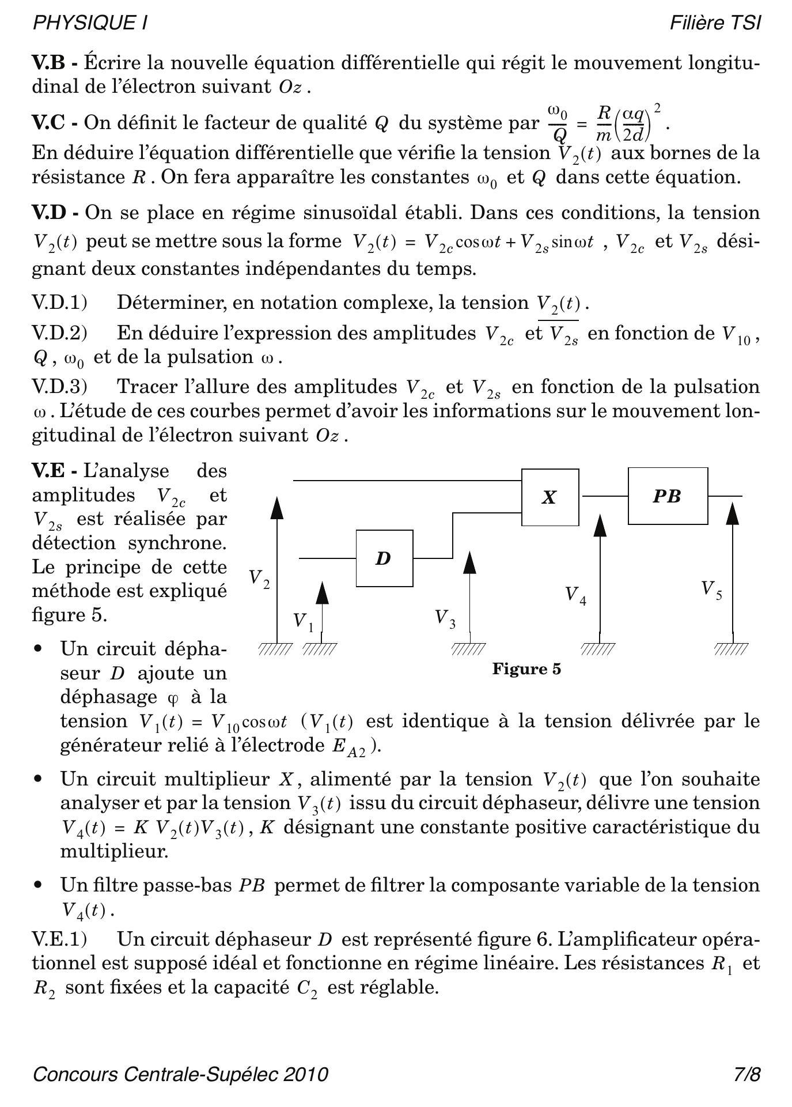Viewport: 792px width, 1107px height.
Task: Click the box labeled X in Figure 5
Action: click(550, 497)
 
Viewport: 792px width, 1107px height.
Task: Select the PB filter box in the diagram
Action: click(668, 496)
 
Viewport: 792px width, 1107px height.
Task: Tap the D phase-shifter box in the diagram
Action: click(384, 558)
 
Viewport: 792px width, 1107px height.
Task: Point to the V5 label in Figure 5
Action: click(711, 590)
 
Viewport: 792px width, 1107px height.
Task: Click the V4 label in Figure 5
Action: click(575, 595)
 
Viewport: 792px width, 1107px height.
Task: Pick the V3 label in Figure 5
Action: click(445, 618)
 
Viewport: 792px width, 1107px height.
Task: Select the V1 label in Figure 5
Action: click(303, 621)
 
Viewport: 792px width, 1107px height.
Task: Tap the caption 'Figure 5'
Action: click(526, 669)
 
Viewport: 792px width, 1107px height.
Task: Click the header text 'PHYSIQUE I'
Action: click(90, 23)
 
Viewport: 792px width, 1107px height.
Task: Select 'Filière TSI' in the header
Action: click(715, 23)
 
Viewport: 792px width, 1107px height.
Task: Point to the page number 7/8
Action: click(747, 1074)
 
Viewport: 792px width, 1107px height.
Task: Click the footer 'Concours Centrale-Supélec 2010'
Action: click(180, 1074)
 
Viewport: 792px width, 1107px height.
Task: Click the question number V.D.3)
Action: click(59, 387)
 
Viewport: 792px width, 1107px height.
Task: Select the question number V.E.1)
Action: click(59, 939)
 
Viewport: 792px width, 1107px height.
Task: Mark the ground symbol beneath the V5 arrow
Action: click(732, 649)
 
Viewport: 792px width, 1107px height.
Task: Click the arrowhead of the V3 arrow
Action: click(469, 562)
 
